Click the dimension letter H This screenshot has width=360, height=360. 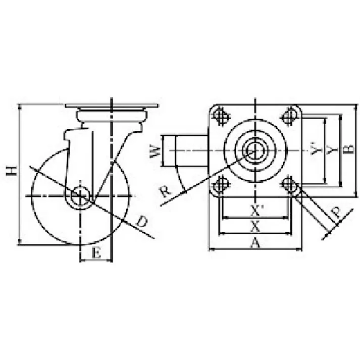[x=12, y=171]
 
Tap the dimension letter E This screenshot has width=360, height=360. [x=96, y=253]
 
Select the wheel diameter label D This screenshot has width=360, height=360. [x=141, y=221]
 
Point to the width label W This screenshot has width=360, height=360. [x=155, y=151]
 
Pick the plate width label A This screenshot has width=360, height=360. [x=255, y=243]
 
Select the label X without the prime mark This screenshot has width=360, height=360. [x=255, y=226]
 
